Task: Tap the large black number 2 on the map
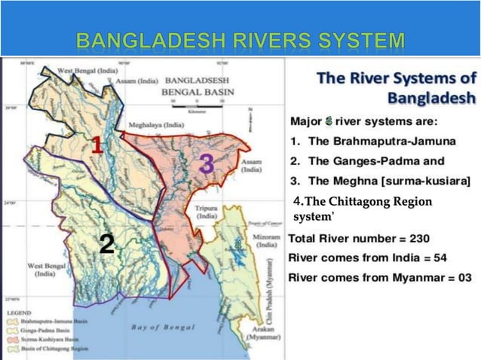coord(107,242)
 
